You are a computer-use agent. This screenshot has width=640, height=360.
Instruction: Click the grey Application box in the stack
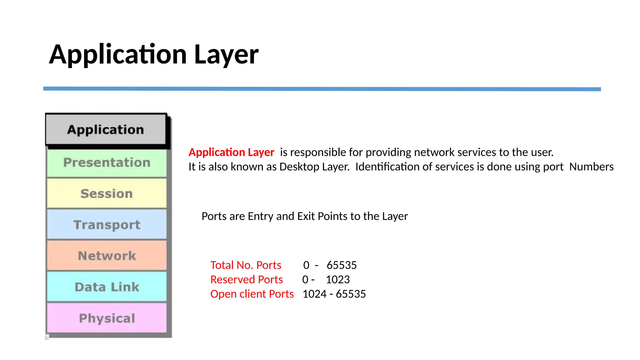pos(106,129)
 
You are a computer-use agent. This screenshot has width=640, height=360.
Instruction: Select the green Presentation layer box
pos(107,163)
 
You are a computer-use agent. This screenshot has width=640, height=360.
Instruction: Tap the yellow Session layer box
pos(107,193)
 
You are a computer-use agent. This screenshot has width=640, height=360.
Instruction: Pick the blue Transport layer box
pos(107,224)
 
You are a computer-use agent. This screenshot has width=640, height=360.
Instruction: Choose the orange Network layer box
pos(107,256)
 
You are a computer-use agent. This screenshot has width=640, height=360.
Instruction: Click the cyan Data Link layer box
pos(107,287)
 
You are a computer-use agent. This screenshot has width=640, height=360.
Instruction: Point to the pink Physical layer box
pos(107,318)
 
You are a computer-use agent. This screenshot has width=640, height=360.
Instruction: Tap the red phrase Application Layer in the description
pos(231,152)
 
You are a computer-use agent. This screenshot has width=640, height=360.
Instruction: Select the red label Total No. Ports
pos(246,265)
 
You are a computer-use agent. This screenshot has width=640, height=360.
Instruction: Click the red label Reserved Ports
pos(247,279)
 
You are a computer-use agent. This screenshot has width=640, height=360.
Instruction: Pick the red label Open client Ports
pos(252,294)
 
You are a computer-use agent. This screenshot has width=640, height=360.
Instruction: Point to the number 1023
pos(337,279)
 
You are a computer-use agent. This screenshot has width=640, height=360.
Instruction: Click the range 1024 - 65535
pos(334,294)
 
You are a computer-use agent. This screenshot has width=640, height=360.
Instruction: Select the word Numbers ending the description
pos(591,167)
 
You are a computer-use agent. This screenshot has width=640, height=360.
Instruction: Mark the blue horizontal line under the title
pos(322,89)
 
